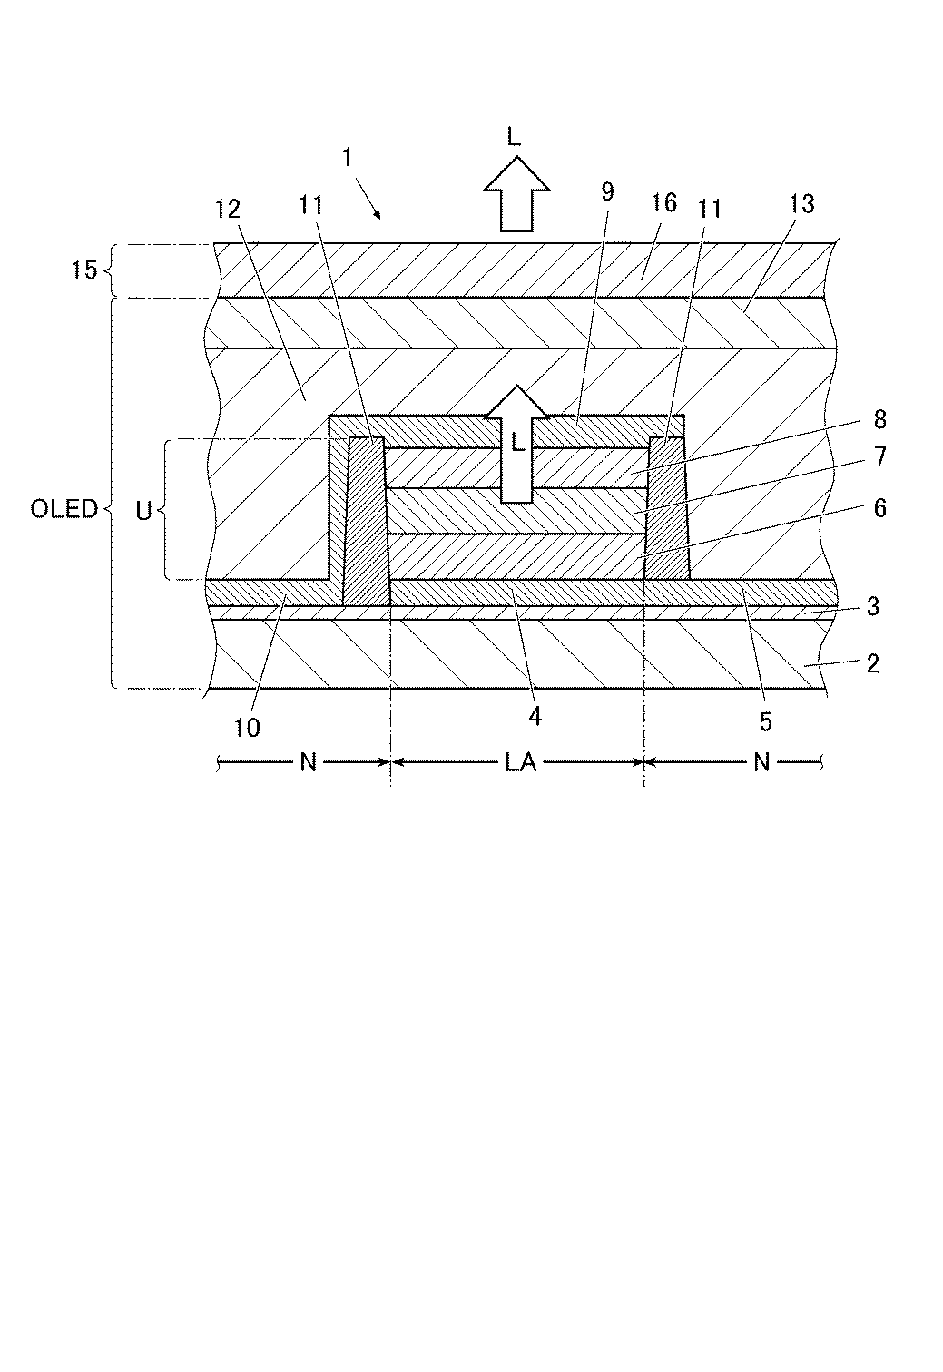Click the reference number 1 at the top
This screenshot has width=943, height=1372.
tap(347, 157)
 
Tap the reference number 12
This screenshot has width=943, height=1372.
tap(227, 210)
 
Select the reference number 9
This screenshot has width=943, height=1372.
tap(607, 191)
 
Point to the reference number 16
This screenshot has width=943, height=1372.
tap(664, 201)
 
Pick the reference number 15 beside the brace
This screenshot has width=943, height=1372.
tap(83, 269)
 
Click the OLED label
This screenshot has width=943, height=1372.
tap(64, 508)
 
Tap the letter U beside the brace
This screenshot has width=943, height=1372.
tap(142, 511)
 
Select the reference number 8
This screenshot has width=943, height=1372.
tap(879, 419)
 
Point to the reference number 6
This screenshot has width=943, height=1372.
tap(879, 507)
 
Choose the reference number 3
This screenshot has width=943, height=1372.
tap(872, 606)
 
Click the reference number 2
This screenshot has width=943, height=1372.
tap(872, 663)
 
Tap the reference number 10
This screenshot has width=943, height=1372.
tap(247, 727)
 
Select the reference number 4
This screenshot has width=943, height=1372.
tap(535, 717)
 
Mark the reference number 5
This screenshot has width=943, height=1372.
tap(766, 721)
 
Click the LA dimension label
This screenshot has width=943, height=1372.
tap(521, 763)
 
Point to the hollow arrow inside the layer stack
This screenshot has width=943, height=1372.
tap(516, 445)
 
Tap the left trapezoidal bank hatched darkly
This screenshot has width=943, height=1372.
tap(366, 522)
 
